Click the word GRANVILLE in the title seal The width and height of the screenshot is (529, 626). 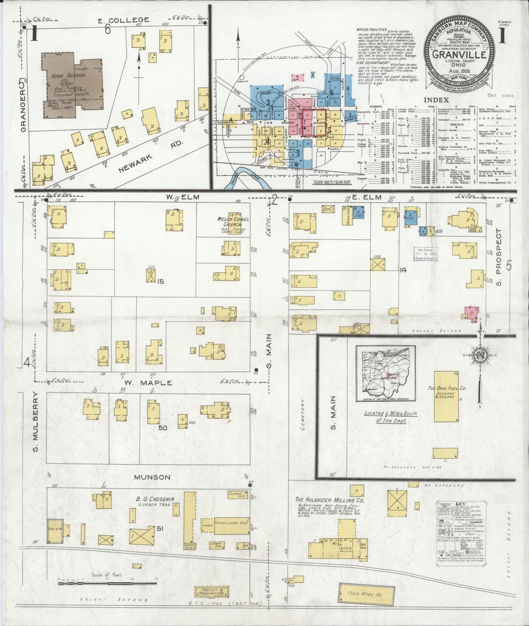coord(459,55)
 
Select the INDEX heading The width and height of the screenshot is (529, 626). coord(436,100)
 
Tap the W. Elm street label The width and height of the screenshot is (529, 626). coord(182,197)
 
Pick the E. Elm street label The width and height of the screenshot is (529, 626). coord(370,197)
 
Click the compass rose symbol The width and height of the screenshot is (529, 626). coord(479,355)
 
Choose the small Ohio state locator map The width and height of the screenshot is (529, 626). coord(385,373)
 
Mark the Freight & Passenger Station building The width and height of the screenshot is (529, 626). coord(211,591)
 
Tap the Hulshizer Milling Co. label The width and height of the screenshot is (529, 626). coord(330,500)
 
